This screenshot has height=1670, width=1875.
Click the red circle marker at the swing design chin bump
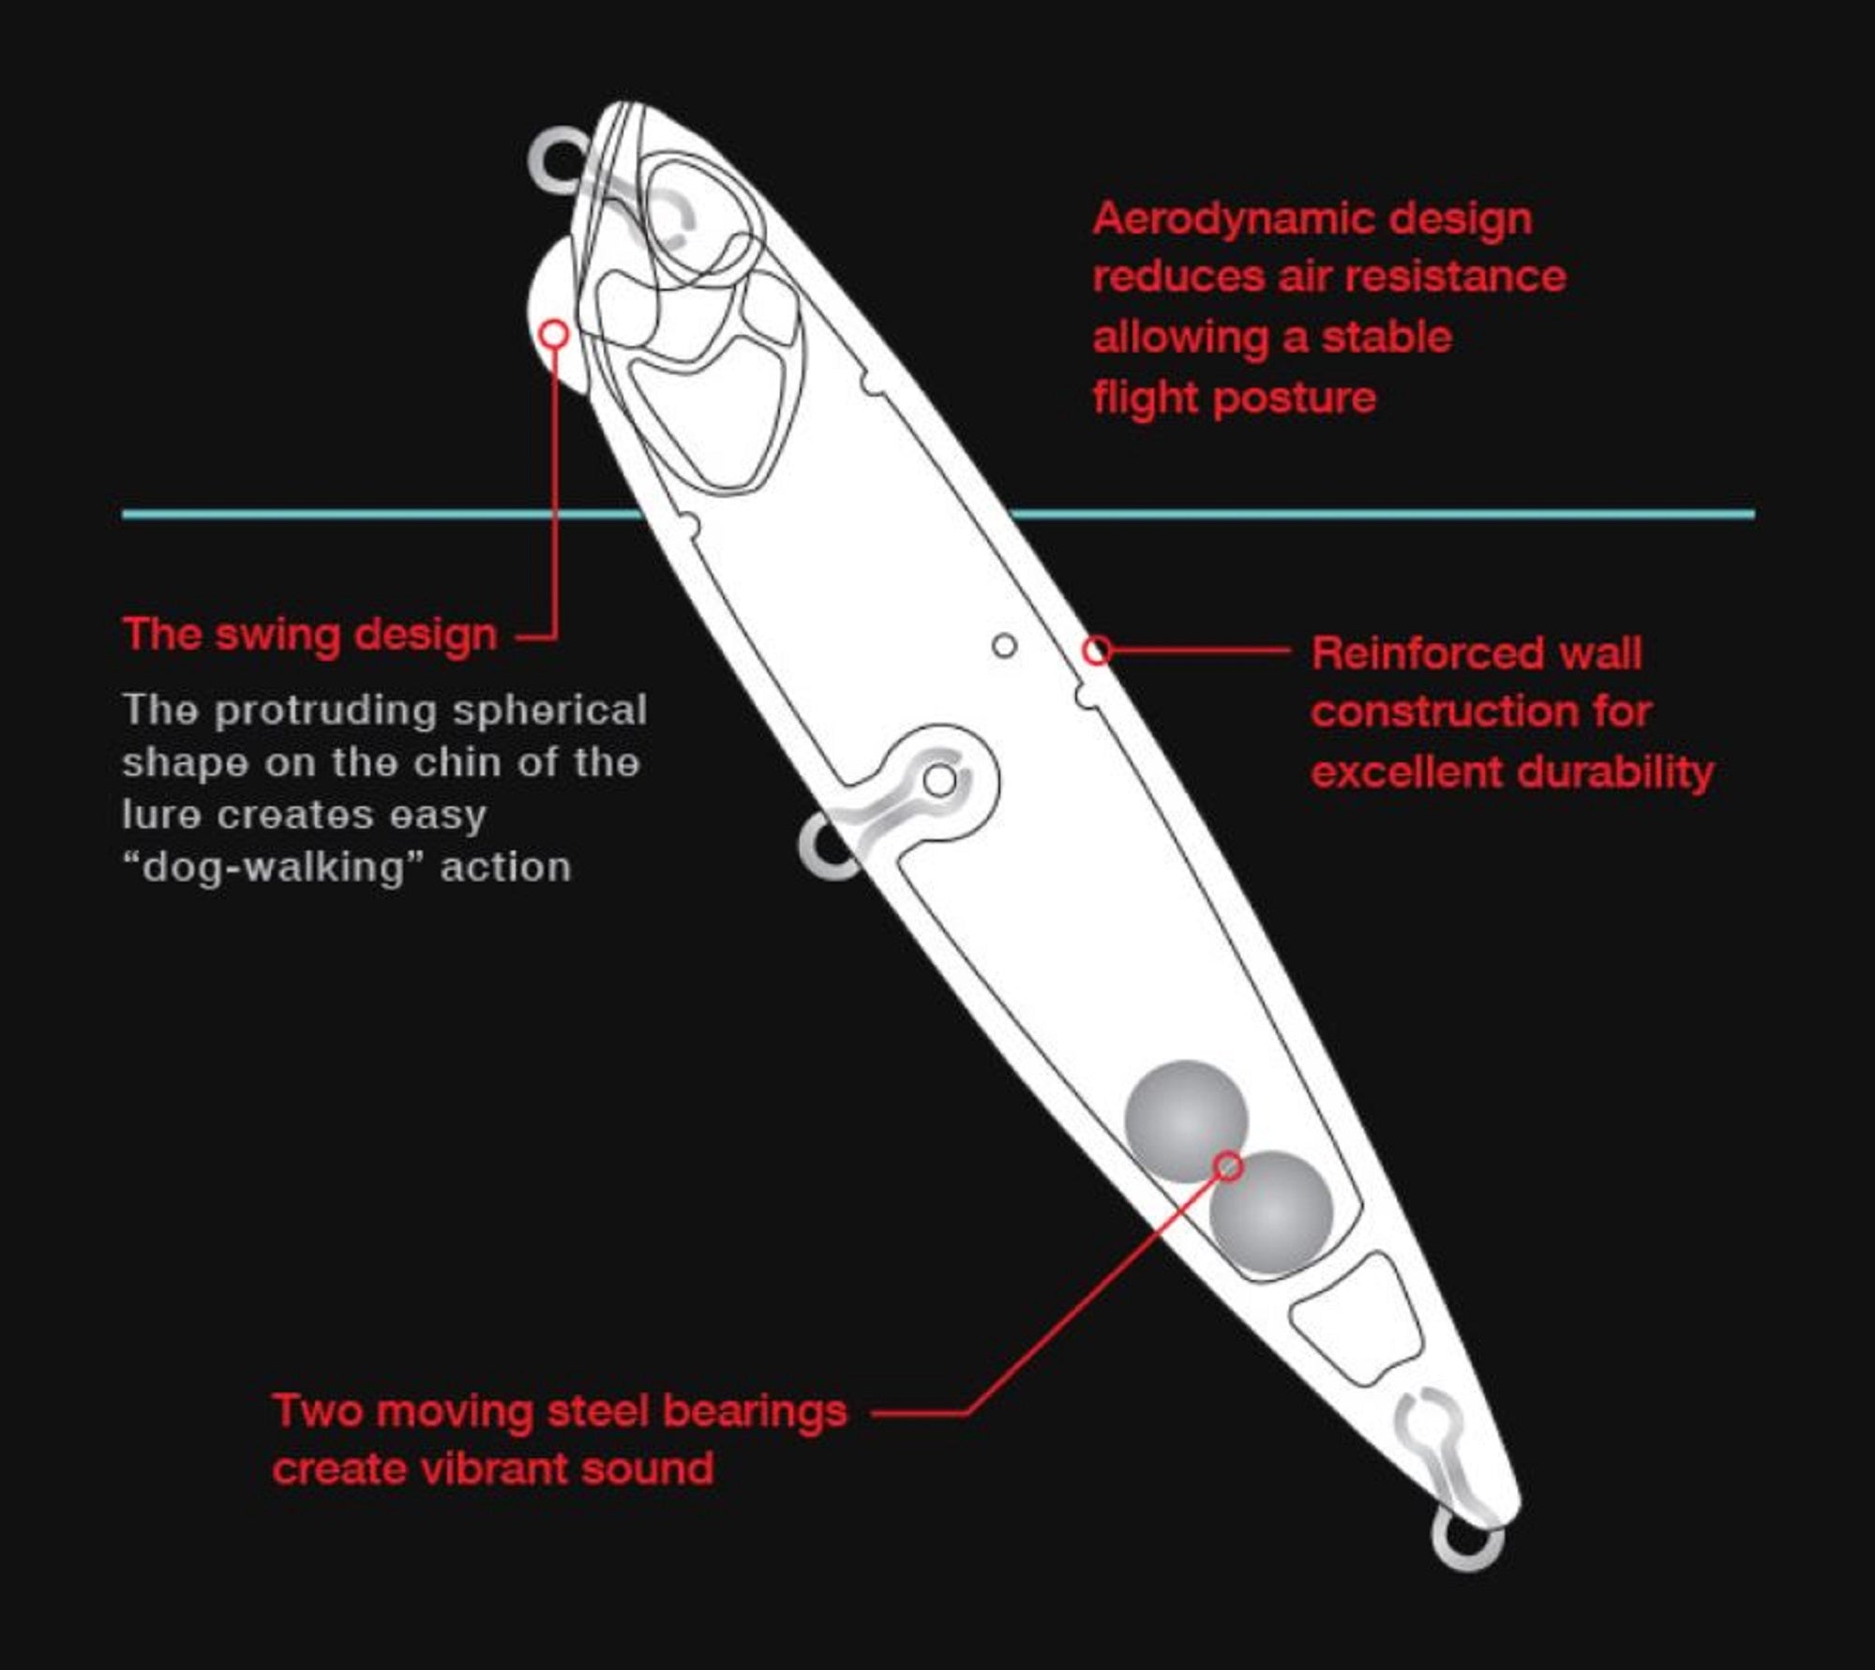coord(555,334)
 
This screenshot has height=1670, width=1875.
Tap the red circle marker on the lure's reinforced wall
coord(1097,650)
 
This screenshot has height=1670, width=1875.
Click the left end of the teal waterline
coord(123,514)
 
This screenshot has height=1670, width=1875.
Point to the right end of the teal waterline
coord(1754,514)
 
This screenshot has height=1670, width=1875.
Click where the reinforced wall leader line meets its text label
coord(1292,650)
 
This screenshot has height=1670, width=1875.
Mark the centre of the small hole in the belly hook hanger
coord(940,779)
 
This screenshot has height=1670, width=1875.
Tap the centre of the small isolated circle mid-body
coord(1004,646)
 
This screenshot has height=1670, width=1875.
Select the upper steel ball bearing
coord(1186,1121)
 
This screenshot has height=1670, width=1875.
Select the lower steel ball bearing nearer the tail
coord(1271,1211)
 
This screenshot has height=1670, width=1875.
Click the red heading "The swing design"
coord(310,635)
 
